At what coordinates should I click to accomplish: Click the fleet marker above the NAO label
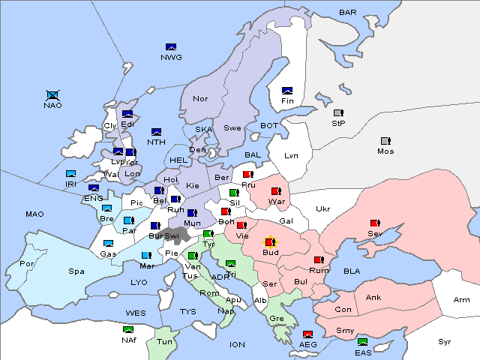pyautogui.click(x=52, y=95)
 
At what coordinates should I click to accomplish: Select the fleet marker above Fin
pyautogui.click(x=286, y=91)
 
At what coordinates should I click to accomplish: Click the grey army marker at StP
pyautogui.click(x=337, y=113)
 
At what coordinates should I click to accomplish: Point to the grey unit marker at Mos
pyautogui.click(x=385, y=141)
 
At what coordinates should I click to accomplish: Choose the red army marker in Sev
pyautogui.click(x=374, y=223)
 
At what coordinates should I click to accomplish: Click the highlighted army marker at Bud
pyautogui.click(x=270, y=242)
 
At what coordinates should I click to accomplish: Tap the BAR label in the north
pyautogui.click(x=348, y=13)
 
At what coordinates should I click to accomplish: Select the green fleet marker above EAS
pyautogui.click(x=363, y=343)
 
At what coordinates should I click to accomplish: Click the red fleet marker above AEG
pyautogui.click(x=307, y=334)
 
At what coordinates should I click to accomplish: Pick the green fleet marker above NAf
pyautogui.click(x=129, y=329)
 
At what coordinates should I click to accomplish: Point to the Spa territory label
pyautogui.click(x=76, y=271)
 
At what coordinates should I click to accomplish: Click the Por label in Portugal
pyautogui.click(x=27, y=264)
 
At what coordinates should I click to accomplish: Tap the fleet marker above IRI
pyautogui.click(x=71, y=174)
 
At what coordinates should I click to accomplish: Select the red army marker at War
pyautogui.click(x=275, y=191)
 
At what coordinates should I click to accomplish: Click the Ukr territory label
pyautogui.click(x=322, y=209)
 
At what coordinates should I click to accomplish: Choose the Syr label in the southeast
pyautogui.click(x=445, y=341)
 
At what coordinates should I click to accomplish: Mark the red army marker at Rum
pyautogui.click(x=319, y=260)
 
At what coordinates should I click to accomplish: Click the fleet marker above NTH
pyautogui.click(x=157, y=132)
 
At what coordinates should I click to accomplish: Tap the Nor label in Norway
pyautogui.click(x=200, y=99)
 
